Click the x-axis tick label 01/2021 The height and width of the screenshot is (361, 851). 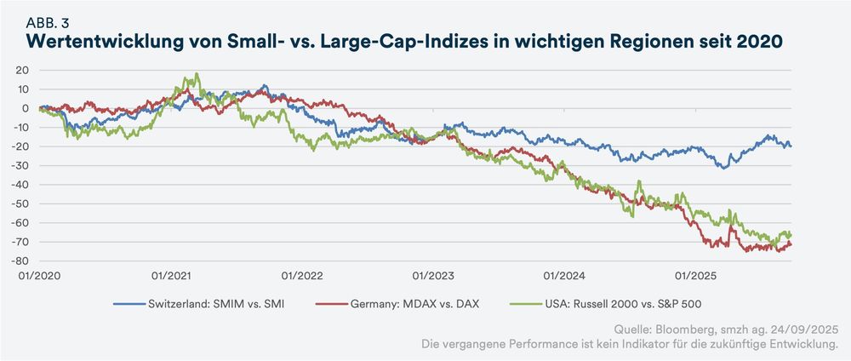pos(169,275)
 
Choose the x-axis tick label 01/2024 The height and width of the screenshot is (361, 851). pos(563,275)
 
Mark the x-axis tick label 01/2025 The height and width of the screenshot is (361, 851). pos(694,275)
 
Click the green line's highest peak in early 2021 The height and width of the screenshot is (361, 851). pos(197,74)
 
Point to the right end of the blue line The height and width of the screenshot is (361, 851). pos(791,146)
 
